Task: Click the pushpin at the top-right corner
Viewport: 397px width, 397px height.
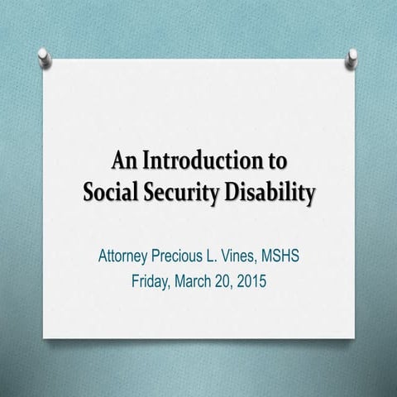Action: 352,56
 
